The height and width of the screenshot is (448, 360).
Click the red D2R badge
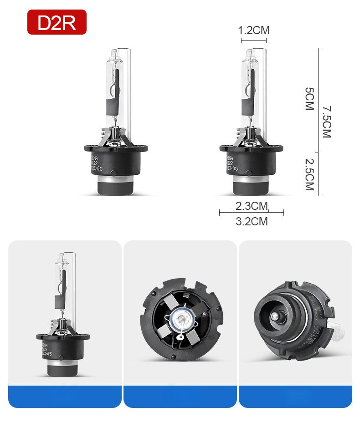point(57,22)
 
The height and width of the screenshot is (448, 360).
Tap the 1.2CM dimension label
point(254,31)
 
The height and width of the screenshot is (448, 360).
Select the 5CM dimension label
point(309,99)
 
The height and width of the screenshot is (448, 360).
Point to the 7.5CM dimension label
point(327,122)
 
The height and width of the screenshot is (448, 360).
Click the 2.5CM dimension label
point(309,174)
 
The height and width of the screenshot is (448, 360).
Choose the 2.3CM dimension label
point(251,206)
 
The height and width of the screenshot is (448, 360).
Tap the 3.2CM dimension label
point(251,222)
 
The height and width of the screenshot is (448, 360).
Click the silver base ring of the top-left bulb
point(116,185)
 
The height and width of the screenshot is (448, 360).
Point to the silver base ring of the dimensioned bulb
point(251,185)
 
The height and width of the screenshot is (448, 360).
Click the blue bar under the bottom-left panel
point(65,396)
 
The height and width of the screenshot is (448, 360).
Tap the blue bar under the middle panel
point(180,396)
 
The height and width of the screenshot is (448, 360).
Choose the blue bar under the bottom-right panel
point(295,396)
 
